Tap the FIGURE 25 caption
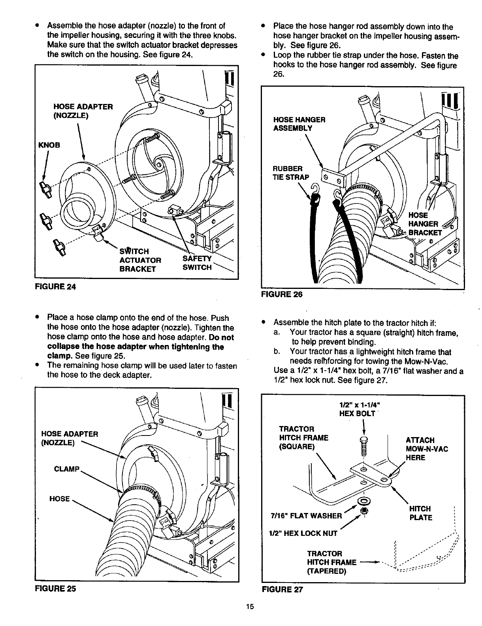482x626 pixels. pyautogui.click(x=55, y=588)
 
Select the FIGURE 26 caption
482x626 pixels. pyautogui.click(x=282, y=294)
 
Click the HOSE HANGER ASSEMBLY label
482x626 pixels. pyautogui.click(x=299, y=124)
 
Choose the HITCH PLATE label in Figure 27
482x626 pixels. pyautogui.click(x=421, y=513)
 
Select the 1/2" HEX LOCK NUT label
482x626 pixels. pyautogui.click(x=303, y=533)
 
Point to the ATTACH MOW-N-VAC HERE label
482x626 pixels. pyautogui.click(x=427, y=449)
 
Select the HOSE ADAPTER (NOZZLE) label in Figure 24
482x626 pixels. pyautogui.click(x=83, y=111)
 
